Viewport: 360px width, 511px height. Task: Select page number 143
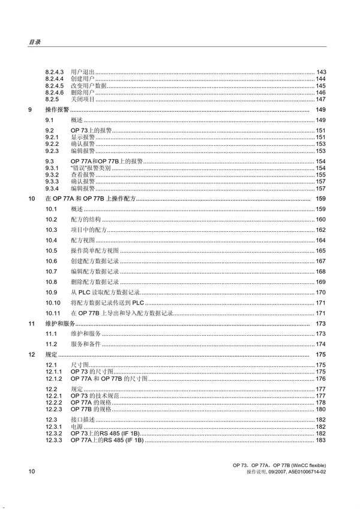click(321, 72)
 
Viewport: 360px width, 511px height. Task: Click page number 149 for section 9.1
click(321, 121)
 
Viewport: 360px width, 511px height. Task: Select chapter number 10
click(32, 198)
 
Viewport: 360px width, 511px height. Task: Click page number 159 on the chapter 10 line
click(321, 198)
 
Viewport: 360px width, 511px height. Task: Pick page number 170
click(321, 292)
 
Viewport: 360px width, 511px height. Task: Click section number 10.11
click(53, 313)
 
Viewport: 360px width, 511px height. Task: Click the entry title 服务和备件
click(85, 344)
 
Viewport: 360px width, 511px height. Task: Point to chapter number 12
click(32, 355)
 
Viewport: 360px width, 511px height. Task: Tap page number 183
click(321, 440)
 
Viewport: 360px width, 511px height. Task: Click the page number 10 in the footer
click(32, 473)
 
